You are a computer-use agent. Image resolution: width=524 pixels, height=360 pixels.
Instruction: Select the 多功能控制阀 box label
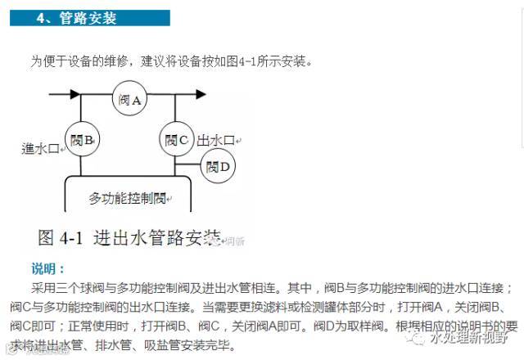pyautogui.click(x=128, y=199)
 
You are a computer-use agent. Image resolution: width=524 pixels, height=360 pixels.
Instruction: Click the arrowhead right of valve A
pyautogui.click(x=199, y=95)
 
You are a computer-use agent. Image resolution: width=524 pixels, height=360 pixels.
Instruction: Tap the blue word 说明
pyautogui.click(x=47, y=268)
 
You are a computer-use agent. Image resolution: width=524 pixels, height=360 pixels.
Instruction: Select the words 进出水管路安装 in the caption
pyautogui.click(x=160, y=238)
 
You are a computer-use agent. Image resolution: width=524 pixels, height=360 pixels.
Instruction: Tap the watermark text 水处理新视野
pyautogui.click(x=471, y=338)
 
